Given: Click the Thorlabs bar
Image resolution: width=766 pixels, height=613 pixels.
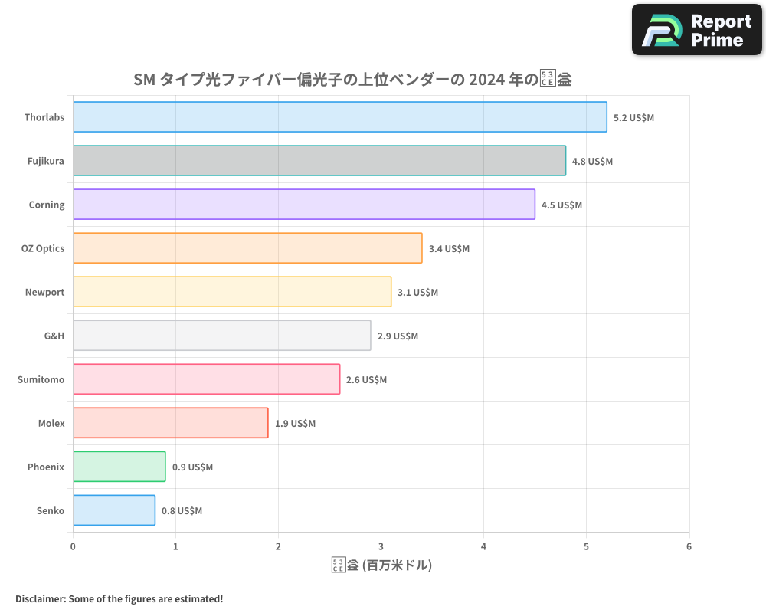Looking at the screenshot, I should (x=339, y=117).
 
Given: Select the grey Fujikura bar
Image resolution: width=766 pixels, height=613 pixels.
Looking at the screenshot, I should (x=319, y=161).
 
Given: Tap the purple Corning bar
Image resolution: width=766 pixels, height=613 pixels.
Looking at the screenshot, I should (x=304, y=205).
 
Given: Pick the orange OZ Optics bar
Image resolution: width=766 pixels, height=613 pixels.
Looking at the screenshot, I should (x=247, y=248).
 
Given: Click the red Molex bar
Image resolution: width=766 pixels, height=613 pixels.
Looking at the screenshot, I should (x=170, y=423).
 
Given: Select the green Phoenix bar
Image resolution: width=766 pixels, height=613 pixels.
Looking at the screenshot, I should (x=119, y=467).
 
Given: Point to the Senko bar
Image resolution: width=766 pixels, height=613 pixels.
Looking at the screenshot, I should (x=114, y=510).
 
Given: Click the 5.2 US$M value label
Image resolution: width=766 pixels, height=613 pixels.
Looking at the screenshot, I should (x=633, y=118).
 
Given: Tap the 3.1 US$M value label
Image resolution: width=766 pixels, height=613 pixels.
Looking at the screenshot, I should (x=417, y=293).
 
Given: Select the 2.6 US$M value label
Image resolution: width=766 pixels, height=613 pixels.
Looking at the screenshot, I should (x=366, y=380).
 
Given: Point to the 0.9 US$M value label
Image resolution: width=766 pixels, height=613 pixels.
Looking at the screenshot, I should (x=192, y=467).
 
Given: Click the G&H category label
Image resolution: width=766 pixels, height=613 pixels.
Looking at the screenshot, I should (x=54, y=336).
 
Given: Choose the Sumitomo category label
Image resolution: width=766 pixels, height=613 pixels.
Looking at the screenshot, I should (x=41, y=380).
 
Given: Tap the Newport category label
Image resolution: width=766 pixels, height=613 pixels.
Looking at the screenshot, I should (x=45, y=293).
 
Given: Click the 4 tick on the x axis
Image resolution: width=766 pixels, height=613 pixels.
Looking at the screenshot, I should (x=484, y=546).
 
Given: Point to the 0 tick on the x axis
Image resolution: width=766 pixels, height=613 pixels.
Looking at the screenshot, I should (x=73, y=546).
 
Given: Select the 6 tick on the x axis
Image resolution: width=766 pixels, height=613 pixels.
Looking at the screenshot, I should (x=689, y=546).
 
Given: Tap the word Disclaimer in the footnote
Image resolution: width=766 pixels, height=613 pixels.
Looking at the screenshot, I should (x=39, y=598).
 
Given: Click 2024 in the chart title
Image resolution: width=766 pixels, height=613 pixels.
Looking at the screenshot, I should (x=486, y=79).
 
